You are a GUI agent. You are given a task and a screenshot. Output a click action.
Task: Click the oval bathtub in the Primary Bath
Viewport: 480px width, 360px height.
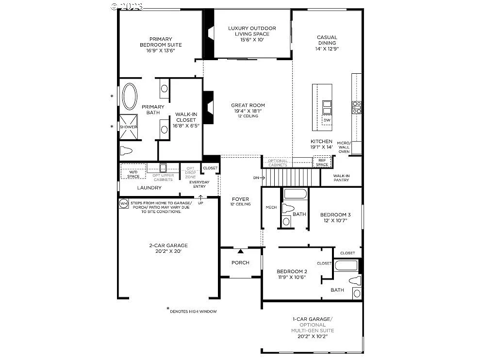pos(130,97)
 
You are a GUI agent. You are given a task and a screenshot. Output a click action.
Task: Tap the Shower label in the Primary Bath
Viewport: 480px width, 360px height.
pos(129,127)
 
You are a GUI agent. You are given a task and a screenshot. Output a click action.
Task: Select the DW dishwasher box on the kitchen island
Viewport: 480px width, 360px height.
pos(327,120)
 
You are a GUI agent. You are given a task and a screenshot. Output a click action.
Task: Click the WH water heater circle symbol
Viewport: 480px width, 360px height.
pos(123,203)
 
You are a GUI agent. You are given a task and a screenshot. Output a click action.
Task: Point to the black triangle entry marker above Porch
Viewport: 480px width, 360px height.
pos(240,251)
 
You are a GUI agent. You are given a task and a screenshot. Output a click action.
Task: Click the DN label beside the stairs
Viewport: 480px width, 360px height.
pos(257,178)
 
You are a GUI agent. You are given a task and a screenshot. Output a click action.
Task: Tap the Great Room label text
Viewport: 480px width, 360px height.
pos(248,105)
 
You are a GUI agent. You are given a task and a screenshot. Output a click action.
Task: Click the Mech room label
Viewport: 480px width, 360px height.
pos(271,207)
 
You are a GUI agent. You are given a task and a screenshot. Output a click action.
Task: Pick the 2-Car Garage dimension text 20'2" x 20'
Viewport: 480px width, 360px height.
pos(168,251)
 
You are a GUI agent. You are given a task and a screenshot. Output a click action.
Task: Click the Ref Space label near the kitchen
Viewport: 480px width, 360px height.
pos(322,163)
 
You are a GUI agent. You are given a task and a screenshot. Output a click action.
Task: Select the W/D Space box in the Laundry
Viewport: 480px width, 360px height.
pos(133,174)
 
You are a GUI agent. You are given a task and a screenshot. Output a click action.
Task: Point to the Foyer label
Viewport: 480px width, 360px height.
pos(240,199)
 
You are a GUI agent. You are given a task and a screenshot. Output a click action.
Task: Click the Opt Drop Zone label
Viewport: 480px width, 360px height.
pos(190,173)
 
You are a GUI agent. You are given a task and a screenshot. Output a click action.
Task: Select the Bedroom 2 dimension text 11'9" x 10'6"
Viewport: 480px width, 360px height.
pos(291,277)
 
